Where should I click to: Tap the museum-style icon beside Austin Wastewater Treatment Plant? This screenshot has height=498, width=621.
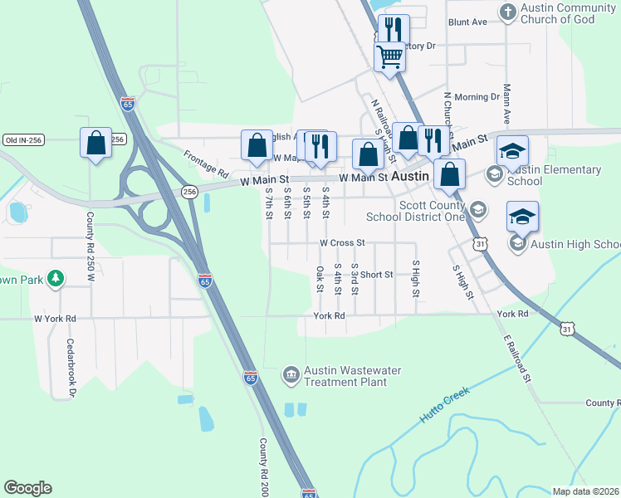[291, 376]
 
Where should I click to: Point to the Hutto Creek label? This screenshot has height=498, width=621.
[444, 404]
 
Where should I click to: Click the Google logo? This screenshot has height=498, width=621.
[27, 488]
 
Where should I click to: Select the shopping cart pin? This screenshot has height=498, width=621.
[389, 57]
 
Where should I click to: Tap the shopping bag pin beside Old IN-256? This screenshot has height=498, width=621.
[96, 143]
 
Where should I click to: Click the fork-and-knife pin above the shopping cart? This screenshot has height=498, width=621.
[390, 29]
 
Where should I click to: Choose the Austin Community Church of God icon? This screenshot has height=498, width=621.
[508, 12]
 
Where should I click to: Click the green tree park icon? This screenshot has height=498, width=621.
[56, 279]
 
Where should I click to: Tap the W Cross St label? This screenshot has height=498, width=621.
[343, 243]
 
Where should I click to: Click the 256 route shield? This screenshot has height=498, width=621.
[190, 192]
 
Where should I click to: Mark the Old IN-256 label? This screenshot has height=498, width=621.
[22, 140]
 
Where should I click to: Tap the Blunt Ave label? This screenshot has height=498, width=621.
[467, 22]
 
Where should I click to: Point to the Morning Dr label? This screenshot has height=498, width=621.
[477, 97]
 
